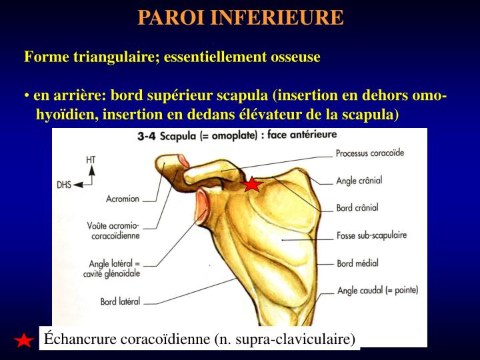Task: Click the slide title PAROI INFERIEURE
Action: [x=241, y=17]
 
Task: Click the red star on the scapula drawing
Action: [x=252, y=184]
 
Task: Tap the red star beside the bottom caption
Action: [x=24, y=341]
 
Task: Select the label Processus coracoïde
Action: [x=370, y=153]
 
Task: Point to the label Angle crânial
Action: [x=359, y=181]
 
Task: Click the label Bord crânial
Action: [x=357, y=208]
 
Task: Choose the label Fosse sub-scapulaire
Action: [x=371, y=235]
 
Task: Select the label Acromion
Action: [x=123, y=198]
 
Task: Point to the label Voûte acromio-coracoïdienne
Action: [x=113, y=231]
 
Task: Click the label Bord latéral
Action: [x=120, y=301]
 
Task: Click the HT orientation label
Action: [x=91, y=160]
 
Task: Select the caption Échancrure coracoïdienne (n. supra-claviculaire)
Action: [x=199, y=339]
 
